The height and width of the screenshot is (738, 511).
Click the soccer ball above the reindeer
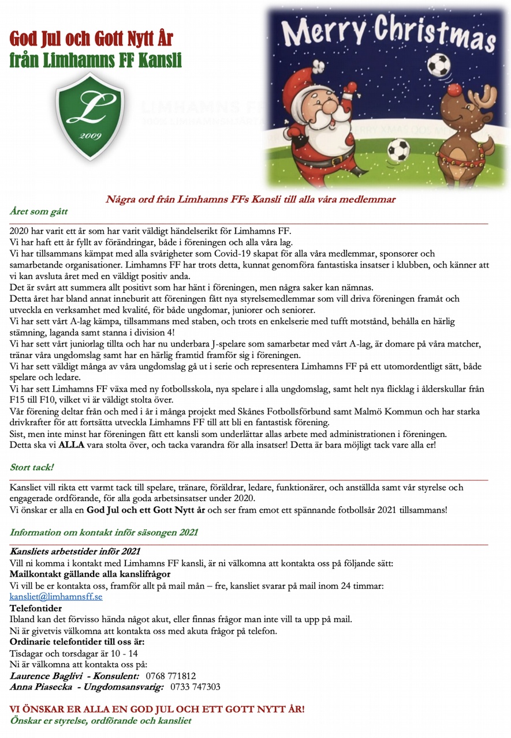coord(439,66)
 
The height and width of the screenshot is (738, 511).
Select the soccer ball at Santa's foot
coord(398,151)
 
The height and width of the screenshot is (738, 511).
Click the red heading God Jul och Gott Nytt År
coord(91,39)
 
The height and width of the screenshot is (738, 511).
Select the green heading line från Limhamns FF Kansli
coord(95,59)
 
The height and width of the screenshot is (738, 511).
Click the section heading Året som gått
coord(39,212)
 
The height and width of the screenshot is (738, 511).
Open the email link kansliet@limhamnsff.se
coord(56,597)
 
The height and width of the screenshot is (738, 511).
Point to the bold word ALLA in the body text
coord(72,445)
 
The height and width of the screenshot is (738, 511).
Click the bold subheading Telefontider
coord(36,608)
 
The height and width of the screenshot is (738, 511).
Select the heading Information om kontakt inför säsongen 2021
coord(104,532)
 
